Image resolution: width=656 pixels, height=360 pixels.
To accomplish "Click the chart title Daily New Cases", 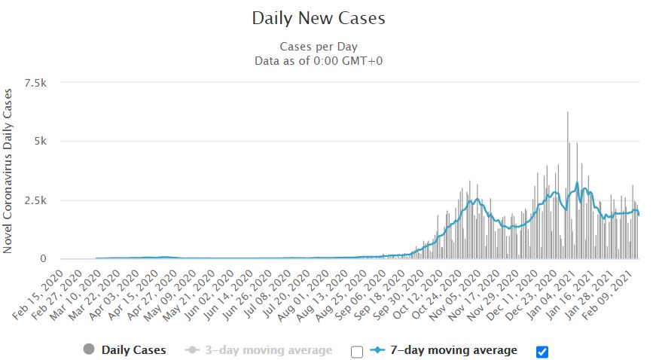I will (318, 18).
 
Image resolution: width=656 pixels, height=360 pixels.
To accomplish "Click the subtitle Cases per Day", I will (318, 46).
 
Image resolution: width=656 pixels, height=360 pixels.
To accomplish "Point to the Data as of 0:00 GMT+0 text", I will (318, 59).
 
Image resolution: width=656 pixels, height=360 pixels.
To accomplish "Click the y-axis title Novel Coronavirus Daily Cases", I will (10, 170).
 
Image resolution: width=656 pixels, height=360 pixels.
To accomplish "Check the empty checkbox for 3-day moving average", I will (357, 351).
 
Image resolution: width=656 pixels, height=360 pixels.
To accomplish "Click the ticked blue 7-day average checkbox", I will (541, 351).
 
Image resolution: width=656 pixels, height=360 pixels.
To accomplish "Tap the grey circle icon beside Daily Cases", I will (90, 350).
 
